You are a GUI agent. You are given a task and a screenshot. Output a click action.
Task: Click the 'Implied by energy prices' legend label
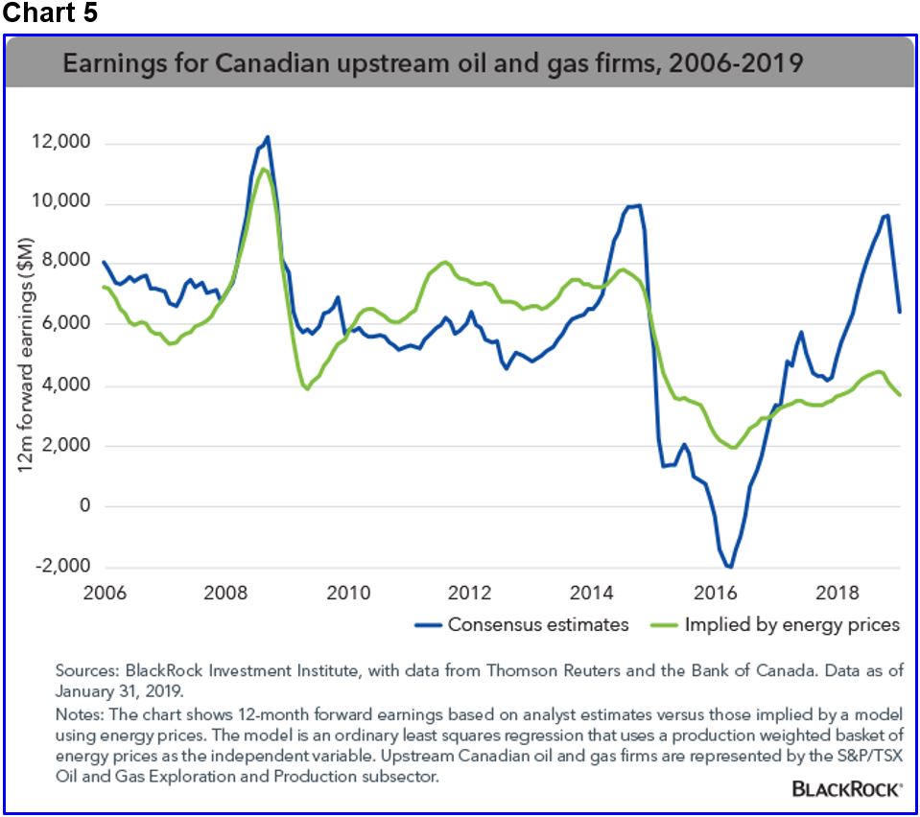coord(791,625)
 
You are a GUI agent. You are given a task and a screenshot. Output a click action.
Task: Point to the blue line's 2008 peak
coord(268,137)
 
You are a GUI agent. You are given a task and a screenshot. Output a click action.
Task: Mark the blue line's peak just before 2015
coord(637,205)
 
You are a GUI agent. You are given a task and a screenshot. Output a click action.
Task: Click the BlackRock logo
coord(846,789)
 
